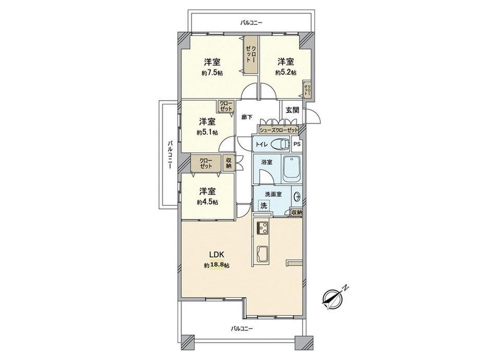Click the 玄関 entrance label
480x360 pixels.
[x=292, y=110]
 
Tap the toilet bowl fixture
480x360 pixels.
[x=280, y=144]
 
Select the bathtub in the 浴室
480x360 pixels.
[x=292, y=169]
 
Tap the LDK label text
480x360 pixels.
[x=217, y=255]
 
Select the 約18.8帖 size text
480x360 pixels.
[x=217, y=266]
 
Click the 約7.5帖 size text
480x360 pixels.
[x=212, y=73]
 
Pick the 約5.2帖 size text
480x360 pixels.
[x=285, y=73]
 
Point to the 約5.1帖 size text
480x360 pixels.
[x=207, y=133]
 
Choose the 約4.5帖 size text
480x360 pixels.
[x=207, y=202]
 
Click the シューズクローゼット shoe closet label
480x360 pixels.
[x=278, y=130]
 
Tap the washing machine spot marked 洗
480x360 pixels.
[x=263, y=206]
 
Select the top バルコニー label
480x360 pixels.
[x=251, y=22]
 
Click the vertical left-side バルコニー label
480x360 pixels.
[x=171, y=155]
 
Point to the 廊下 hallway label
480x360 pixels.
[x=247, y=117]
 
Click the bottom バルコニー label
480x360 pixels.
[x=242, y=329]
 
